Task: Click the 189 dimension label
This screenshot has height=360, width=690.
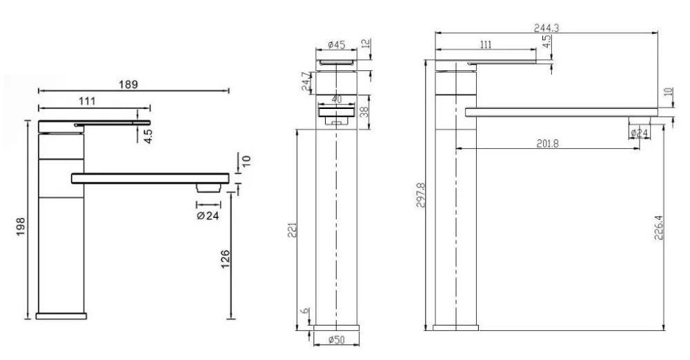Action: (x=128, y=84)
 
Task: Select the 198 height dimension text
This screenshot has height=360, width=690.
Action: (x=21, y=227)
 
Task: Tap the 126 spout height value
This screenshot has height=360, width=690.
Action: (x=226, y=259)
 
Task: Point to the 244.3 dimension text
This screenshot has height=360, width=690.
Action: (x=546, y=28)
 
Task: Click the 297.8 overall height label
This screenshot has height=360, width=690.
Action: (x=420, y=195)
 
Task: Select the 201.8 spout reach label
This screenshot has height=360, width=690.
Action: (x=547, y=143)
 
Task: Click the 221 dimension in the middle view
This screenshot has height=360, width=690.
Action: (x=293, y=230)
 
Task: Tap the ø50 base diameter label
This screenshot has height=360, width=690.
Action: (x=337, y=340)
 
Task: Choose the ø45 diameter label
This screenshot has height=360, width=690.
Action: (x=337, y=44)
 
